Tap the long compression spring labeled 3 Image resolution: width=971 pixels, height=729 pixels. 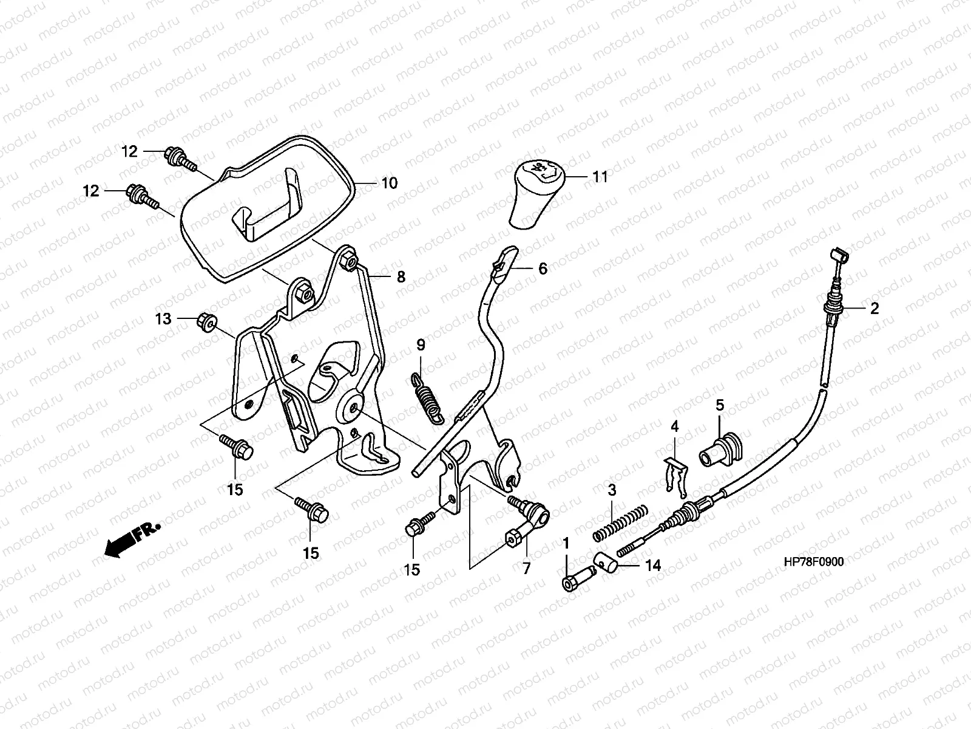620,523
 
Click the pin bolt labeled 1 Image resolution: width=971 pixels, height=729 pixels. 578,578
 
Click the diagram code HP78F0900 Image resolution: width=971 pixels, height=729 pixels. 814,562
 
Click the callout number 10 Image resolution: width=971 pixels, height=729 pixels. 389,183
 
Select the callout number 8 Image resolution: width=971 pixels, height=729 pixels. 401,277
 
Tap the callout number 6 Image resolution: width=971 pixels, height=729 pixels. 543,269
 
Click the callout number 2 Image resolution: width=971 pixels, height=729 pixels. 874,309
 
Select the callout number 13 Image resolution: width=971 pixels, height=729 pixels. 163,319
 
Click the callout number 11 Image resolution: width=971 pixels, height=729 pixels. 600,177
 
